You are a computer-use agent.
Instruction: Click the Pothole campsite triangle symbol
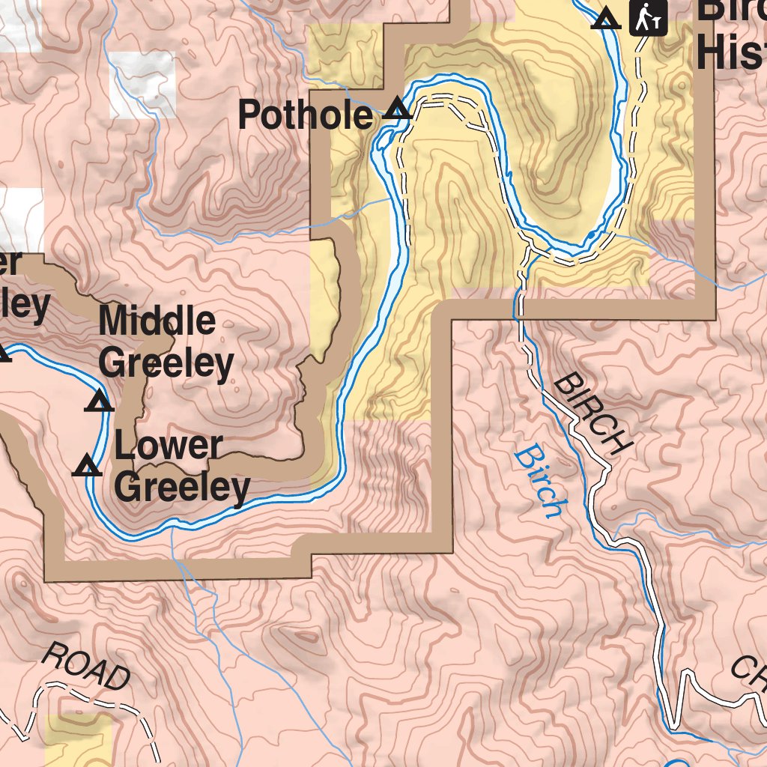(397, 111)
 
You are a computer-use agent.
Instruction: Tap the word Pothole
(304, 116)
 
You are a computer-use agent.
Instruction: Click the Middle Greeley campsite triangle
(98, 403)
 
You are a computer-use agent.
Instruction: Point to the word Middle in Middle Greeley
(157, 321)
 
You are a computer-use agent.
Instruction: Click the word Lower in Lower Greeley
(168, 446)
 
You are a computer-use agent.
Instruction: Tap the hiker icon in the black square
(648, 17)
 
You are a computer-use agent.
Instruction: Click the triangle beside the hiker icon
(606, 19)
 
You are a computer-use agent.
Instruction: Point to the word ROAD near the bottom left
(85, 667)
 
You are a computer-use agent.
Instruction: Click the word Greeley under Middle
(166, 364)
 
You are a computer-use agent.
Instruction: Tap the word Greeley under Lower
(183, 488)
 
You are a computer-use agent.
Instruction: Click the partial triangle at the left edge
(4, 352)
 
